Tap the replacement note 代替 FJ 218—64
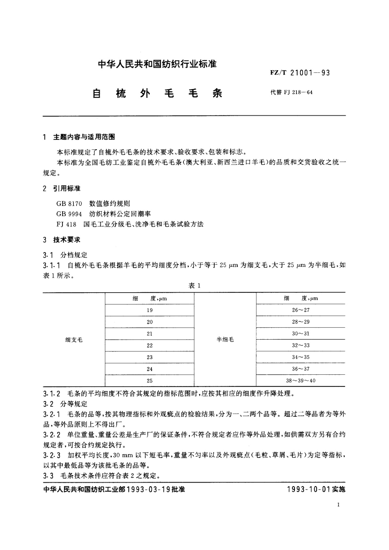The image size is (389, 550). tap(291, 92)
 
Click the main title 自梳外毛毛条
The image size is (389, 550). tap(157, 93)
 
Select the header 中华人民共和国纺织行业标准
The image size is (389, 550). tap(157, 64)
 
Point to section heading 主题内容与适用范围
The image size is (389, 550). tap(84, 137)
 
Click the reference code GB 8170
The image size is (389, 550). tap(69, 203)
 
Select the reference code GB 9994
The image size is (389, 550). tap(69, 214)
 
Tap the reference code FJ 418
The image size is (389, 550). tap(66, 224)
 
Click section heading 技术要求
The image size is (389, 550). tap(67, 240)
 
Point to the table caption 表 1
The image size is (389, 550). tap(194, 286)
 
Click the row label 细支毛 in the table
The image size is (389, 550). tap(74, 340)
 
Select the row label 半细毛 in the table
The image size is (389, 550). tap(225, 340)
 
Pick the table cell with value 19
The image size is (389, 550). tap(150, 310)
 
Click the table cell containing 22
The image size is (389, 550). tap(150, 345)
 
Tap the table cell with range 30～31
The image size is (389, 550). tap(300, 333)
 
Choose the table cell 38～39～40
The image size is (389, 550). tap(300, 380)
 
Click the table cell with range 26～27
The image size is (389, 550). tap(300, 310)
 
